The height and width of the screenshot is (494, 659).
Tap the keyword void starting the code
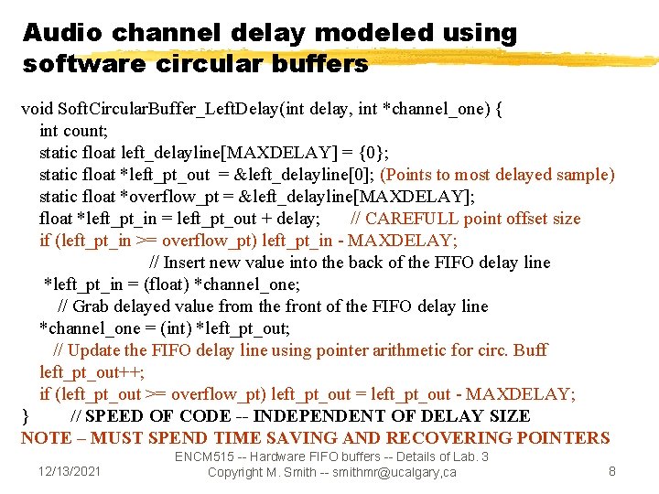39,109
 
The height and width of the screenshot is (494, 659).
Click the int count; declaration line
74,131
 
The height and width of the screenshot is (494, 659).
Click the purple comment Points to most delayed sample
497,175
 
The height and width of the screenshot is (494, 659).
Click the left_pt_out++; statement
92,372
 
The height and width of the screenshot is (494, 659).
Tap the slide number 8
612,470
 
